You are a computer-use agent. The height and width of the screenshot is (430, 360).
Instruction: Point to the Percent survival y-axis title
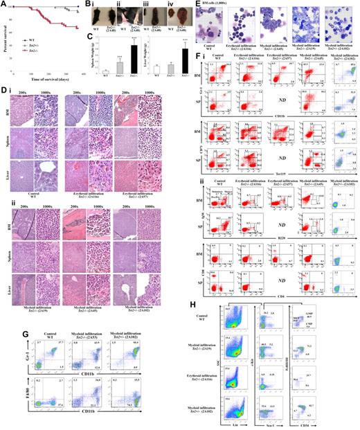[4, 38]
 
